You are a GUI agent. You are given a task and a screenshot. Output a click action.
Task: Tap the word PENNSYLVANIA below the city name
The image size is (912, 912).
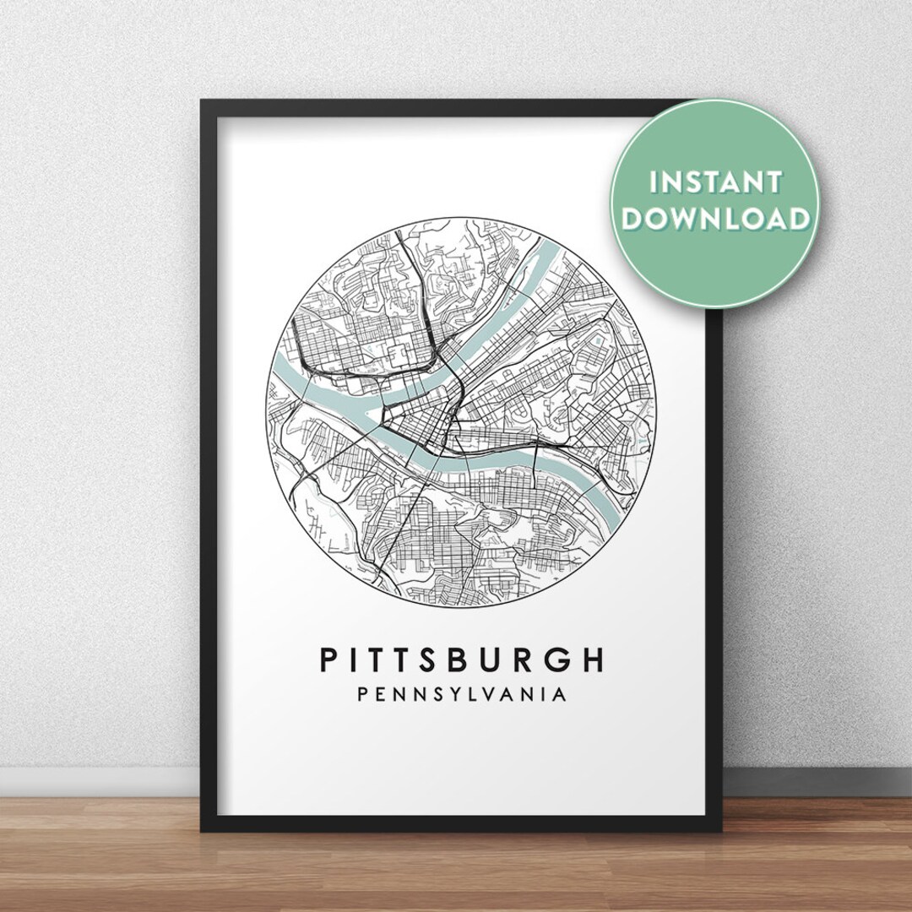pyautogui.click(x=462, y=695)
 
